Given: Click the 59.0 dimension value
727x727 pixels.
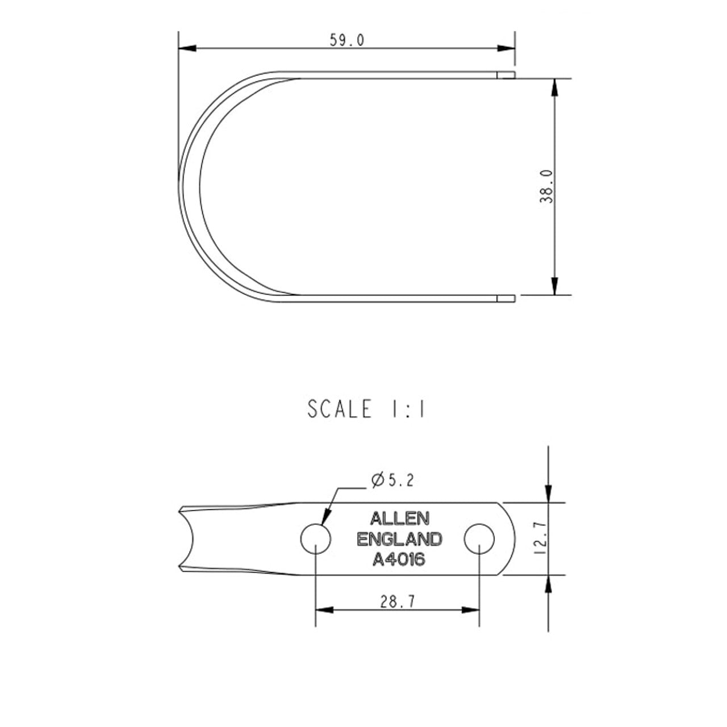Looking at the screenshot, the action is click(347, 40).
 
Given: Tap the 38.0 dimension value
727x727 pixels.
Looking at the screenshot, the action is click(546, 186).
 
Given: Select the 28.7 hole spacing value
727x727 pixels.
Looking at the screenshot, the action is click(397, 601).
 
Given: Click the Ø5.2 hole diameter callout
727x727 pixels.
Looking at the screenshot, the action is click(392, 481).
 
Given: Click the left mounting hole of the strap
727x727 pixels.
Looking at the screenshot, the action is click(316, 539).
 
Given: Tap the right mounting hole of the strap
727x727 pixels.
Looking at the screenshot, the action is click(479, 539).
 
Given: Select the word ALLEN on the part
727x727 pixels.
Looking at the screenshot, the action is click(399, 519).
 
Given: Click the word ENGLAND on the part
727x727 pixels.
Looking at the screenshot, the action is click(399, 539).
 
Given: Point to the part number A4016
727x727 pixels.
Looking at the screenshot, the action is click(399, 559).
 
